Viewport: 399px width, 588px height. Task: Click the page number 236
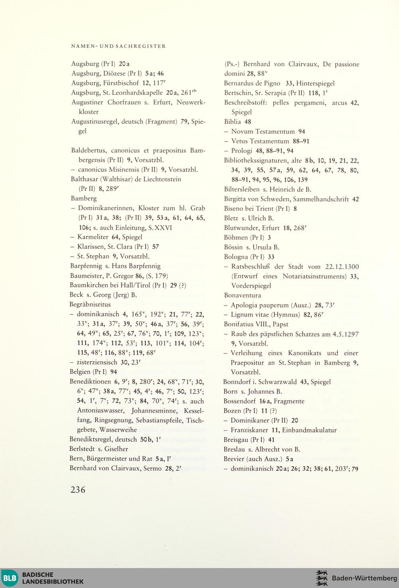coord(78,490)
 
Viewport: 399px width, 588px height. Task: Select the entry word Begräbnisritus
coord(90,304)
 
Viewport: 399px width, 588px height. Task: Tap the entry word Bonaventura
coord(243,295)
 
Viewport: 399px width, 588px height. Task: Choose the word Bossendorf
coord(239,401)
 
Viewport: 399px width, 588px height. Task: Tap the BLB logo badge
coord(10,578)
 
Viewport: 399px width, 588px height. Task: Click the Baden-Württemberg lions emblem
coord(322,578)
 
